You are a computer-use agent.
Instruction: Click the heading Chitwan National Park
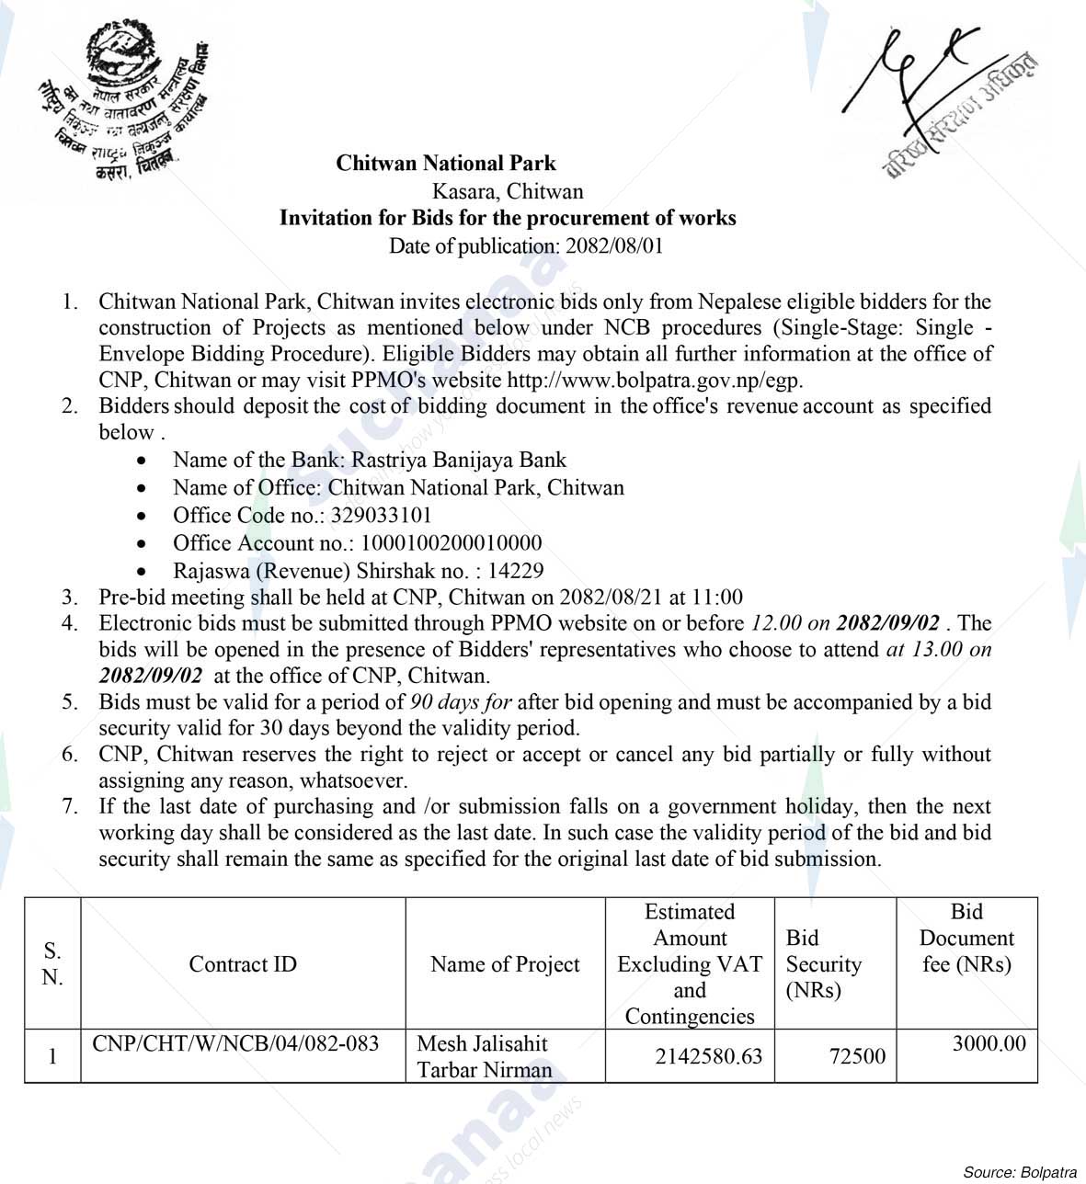point(446,164)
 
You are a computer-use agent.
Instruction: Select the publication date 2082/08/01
point(614,245)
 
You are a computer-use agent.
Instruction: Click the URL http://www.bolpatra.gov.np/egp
point(655,380)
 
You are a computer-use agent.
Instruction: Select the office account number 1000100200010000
point(451,542)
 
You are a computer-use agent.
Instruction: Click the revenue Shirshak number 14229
point(516,571)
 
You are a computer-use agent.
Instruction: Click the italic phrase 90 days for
point(461,702)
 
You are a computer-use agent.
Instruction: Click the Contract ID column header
point(243,963)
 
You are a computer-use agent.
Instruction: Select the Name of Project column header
point(505,963)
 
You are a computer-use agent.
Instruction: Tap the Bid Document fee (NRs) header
point(966,938)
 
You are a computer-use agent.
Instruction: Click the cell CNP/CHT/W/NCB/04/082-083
point(235,1043)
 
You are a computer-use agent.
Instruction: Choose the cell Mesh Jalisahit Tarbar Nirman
point(485,1056)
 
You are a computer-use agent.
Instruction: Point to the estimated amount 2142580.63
point(708,1056)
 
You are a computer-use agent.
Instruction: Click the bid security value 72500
point(857,1056)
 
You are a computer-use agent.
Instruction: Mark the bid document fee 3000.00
point(989,1043)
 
